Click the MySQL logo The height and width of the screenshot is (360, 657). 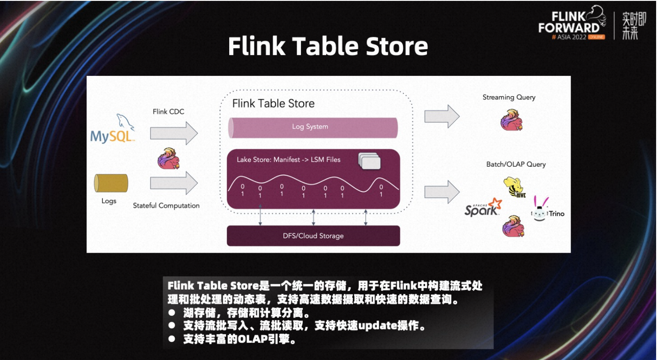click(112, 129)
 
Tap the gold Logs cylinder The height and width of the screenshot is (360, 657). click(111, 183)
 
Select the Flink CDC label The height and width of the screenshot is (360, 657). click(168, 111)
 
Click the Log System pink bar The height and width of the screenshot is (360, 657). click(313, 128)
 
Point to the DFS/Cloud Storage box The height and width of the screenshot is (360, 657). click(313, 235)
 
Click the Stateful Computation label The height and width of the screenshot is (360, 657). click(166, 205)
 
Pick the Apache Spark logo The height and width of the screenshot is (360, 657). click(483, 207)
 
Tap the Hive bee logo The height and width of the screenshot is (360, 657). click(514, 187)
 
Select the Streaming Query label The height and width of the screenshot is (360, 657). click(509, 97)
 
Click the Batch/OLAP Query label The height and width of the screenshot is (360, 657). click(516, 164)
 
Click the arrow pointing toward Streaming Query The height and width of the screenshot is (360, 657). click(442, 117)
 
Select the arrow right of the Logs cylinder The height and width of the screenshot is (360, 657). click(174, 183)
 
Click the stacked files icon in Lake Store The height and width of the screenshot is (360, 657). click(370, 161)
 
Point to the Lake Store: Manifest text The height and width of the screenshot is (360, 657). click(268, 160)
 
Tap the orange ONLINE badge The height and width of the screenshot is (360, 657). click(596, 37)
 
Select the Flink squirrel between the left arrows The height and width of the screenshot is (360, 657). click(168, 158)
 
